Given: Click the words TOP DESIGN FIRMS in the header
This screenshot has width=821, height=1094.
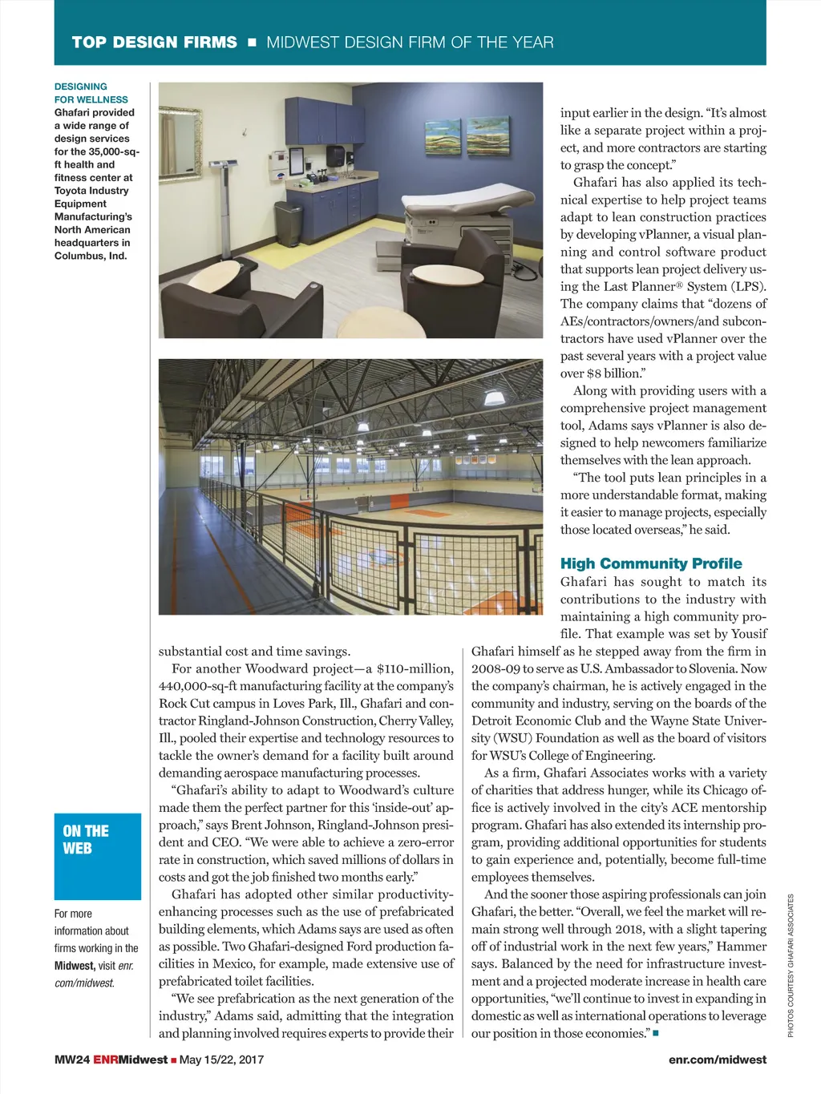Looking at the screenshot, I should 154,42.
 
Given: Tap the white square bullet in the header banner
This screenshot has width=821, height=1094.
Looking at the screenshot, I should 252,42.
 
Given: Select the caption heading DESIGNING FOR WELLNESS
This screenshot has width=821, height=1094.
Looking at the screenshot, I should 91,93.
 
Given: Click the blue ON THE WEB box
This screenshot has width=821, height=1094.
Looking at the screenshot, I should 98,856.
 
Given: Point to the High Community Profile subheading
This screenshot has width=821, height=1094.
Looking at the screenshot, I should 651,563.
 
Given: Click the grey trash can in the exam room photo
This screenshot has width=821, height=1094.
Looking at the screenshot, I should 289,224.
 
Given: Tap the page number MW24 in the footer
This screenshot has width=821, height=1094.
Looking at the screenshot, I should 71,1060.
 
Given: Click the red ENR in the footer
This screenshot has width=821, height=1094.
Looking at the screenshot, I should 105,1060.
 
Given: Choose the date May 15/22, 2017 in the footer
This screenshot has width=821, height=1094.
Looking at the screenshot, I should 221,1060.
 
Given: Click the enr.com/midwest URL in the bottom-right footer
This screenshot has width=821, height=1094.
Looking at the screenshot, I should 717,1060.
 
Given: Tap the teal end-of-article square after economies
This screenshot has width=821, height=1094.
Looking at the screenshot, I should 656,1033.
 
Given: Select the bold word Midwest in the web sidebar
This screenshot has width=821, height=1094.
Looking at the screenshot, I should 74,966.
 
